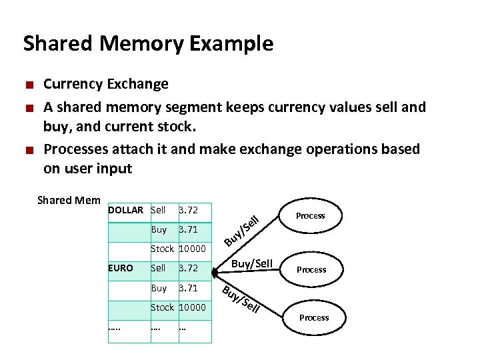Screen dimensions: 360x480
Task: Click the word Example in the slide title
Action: pyautogui.click(x=231, y=44)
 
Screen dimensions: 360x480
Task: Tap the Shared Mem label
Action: pyautogui.click(x=69, y=200)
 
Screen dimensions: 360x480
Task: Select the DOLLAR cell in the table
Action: pyautogui.click(x=125, y=210)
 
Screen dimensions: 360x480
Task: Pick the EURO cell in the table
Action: pyautogui.click(x=121, y=268)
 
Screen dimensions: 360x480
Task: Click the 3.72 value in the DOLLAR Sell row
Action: pyautogui.click(x=188, y=210)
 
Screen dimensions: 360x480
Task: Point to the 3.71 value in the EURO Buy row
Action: pyautogui.click(x=188, y=288)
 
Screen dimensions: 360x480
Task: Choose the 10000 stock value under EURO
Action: pyautogui.click(x=191, y=307)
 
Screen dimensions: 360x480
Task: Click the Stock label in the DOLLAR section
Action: pyautogui.click(x=162, y=249)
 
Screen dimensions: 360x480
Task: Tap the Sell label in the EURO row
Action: pyautogui.click(x=158, y=268)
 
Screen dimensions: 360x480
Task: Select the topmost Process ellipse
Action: pyautogui.click(x=310, y=215)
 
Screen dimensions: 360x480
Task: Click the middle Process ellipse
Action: pyautogui.click(x=311, y=269)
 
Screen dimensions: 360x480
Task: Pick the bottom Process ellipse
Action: pyautogui.click(x=314, y=317)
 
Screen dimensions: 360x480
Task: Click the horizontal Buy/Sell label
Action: pyautogui.click(x=251, y=264)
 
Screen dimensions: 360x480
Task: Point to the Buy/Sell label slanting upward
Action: pyautogui.click(x=241, y=227)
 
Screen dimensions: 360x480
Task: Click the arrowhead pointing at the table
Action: pyautogui.click(x=215, y=272)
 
